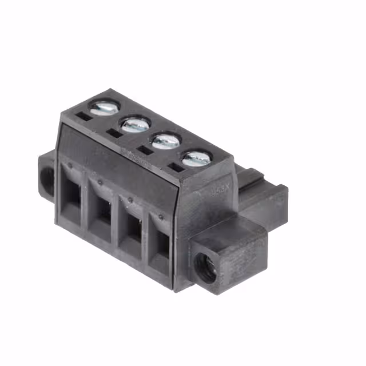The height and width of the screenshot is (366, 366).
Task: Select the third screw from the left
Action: tap(166, 140)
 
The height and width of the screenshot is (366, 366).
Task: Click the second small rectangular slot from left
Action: tap(114, 133)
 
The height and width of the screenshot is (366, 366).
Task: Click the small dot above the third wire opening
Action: tap(130, 200)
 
